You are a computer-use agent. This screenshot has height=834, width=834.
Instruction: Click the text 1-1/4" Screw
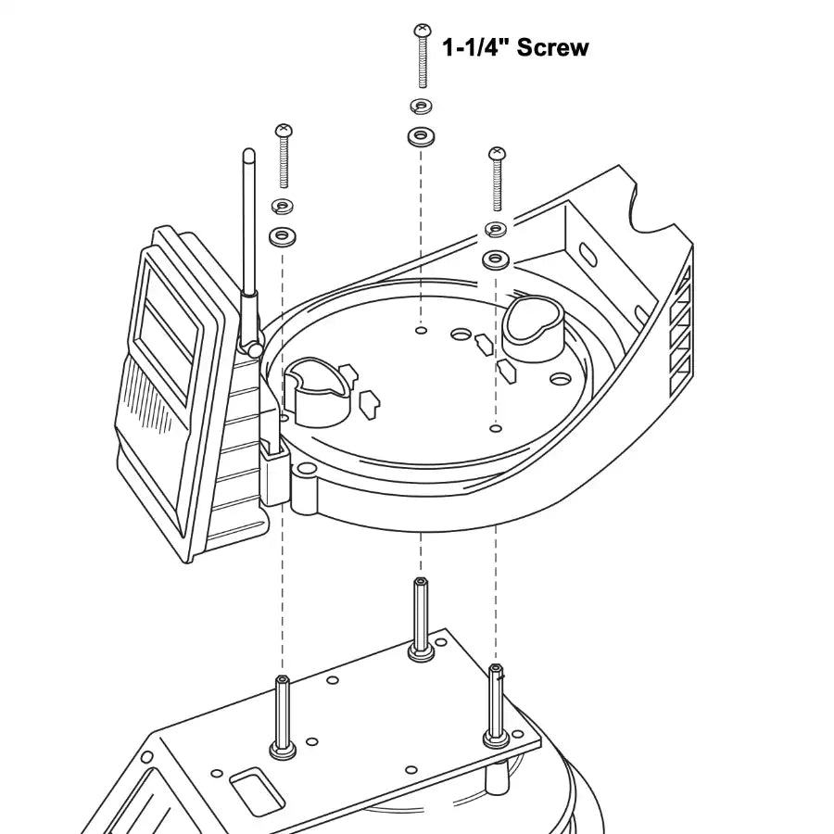(x=515, y=47)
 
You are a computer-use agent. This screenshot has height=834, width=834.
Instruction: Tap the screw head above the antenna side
(x=284, y=130)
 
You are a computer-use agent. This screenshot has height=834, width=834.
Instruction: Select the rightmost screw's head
(x=497, y=153)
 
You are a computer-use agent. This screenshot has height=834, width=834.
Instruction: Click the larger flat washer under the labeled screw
(x=422, y=137)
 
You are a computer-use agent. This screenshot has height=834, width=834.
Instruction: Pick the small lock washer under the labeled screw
(x=422, y=104)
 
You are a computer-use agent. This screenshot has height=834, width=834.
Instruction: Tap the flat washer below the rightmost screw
(x=497, y=257)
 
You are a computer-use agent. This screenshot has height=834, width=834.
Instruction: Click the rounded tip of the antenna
(x=247, y=153)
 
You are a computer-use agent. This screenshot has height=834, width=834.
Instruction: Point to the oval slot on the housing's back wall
(x=588, y=255)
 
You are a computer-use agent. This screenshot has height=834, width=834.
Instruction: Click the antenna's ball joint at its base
(x=251, y=349)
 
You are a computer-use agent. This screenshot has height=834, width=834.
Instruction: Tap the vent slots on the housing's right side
(x=679, y=324)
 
